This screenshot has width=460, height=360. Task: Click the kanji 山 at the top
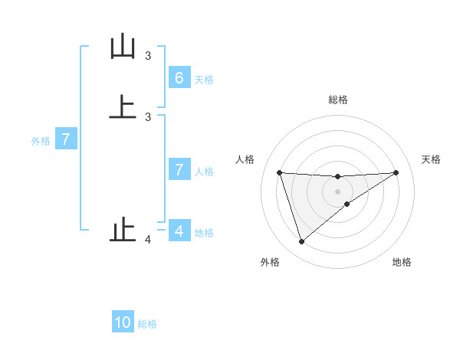122,47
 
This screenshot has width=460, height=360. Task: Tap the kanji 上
122,106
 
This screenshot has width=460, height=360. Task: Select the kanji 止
122,231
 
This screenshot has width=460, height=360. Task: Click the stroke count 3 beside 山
148,56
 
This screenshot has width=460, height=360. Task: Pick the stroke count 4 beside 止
148,241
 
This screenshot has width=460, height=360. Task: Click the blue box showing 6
179,78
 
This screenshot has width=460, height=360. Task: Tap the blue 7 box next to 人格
179,170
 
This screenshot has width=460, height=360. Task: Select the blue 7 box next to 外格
67,140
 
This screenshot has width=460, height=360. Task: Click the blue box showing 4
179,231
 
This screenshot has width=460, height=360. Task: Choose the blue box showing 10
123,322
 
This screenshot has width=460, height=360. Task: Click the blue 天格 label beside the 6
204,79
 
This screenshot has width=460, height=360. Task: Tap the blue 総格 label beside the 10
147,323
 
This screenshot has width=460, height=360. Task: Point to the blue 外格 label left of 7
41,141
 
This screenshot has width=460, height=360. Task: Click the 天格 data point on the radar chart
396,172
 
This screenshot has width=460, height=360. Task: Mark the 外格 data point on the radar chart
301,242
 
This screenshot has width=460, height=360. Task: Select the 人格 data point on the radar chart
279,172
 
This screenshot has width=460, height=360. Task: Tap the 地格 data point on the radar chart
347,204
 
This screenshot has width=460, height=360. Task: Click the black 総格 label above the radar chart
337,100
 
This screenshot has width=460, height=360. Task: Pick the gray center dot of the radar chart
337,191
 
